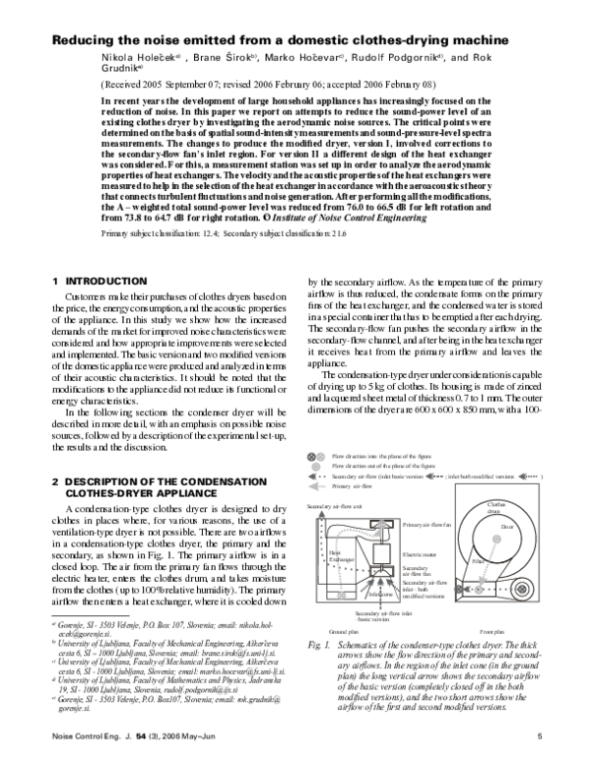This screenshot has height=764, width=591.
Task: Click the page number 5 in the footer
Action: point(540,738)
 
